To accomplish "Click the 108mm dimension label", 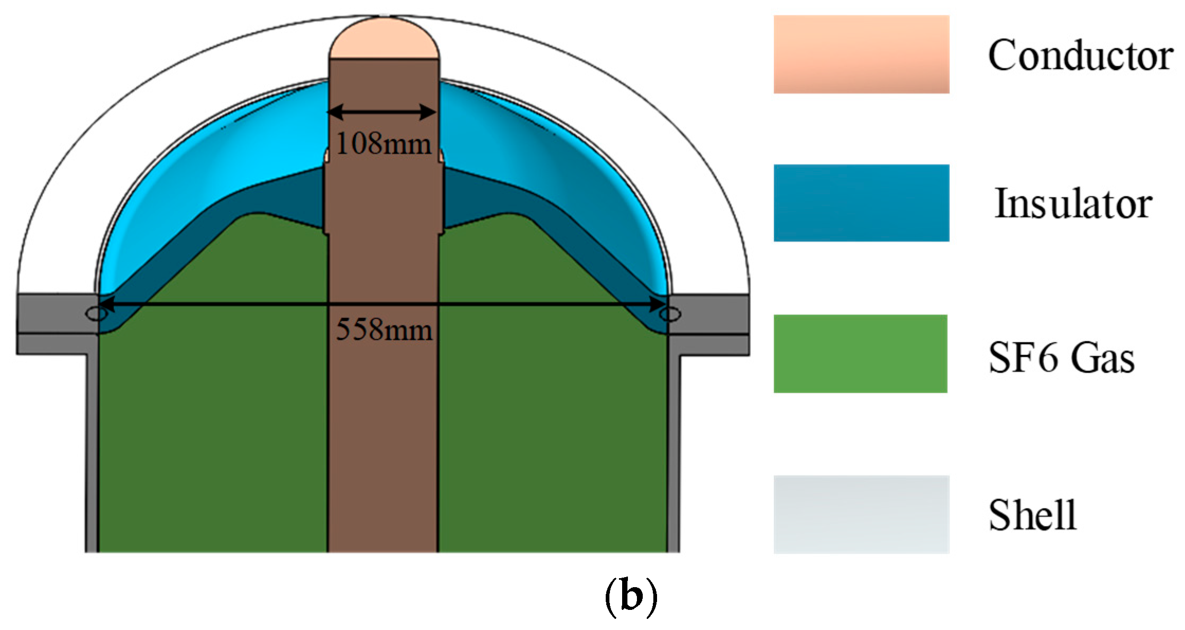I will pos(384,143).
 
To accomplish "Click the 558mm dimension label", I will pos(384,330).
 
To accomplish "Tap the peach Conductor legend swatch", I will pos(861,54).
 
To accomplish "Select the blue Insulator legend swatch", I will pos(861,203).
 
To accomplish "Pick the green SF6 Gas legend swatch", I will pos(860,354).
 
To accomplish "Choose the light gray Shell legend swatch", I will pos(861,514).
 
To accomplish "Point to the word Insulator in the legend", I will pos(1073,204).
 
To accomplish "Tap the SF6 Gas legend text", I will pos(1061,358).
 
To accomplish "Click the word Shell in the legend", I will pos(1032,515).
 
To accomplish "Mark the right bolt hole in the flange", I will pos(670,315).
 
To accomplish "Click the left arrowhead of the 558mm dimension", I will pos(106,304).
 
